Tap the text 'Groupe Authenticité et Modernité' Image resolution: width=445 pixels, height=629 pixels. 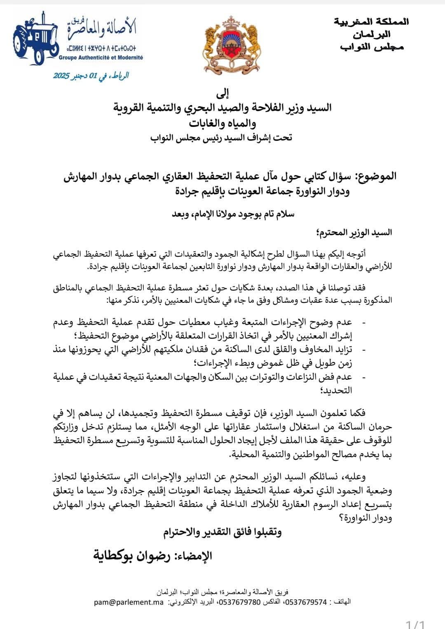click(x=101, y=58)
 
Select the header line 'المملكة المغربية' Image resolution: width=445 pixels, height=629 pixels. click(x=371, y=21)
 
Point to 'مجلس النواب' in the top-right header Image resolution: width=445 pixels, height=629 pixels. click(x=372, y=47)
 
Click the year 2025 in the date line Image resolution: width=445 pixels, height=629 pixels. click(x=62, y=76)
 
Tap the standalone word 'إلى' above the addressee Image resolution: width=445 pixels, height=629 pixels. click(x=222, y=94)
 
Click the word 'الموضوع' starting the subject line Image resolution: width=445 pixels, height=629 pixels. click(x=376, y=176)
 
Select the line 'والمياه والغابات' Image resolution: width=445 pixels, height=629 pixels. click(x=222, y=123)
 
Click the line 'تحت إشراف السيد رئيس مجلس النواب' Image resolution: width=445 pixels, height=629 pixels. click(x=221, y=138)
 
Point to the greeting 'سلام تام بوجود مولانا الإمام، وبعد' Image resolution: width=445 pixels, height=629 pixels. click(x=233, y=214)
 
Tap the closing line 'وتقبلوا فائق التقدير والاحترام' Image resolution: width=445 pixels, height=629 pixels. click(x=222, y=532)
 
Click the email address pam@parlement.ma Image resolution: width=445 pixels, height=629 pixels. click(x=129, y=602)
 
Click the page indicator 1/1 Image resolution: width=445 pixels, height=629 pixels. click(x=415, y=624)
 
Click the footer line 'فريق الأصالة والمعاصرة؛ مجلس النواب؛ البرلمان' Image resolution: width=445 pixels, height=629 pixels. click(x=222, y=592)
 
